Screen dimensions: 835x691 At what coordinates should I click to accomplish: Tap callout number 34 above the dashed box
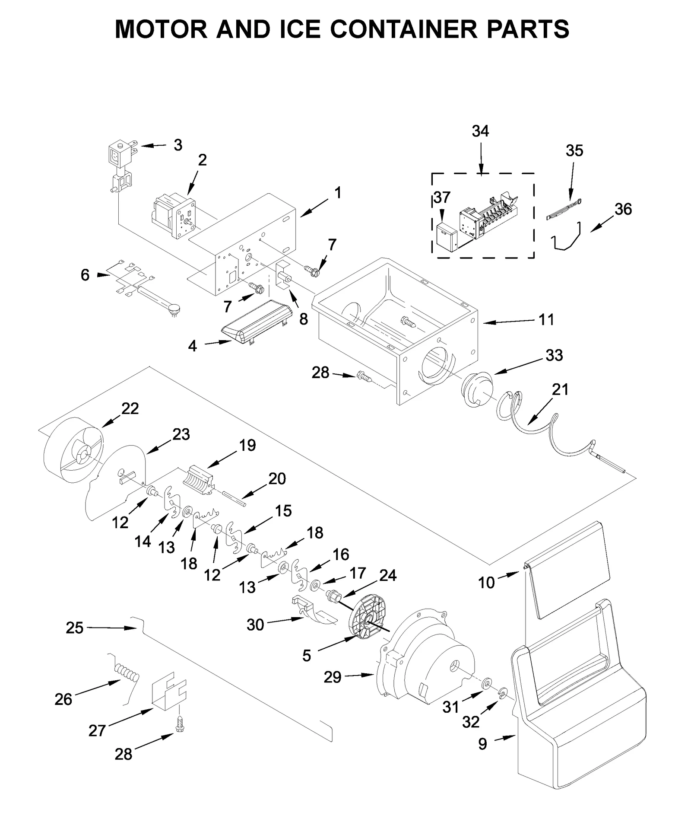480,131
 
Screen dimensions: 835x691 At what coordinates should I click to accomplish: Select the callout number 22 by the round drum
130,408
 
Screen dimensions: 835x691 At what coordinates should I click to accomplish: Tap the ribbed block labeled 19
200,480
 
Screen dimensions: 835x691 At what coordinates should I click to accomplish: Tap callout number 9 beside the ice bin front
482,744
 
